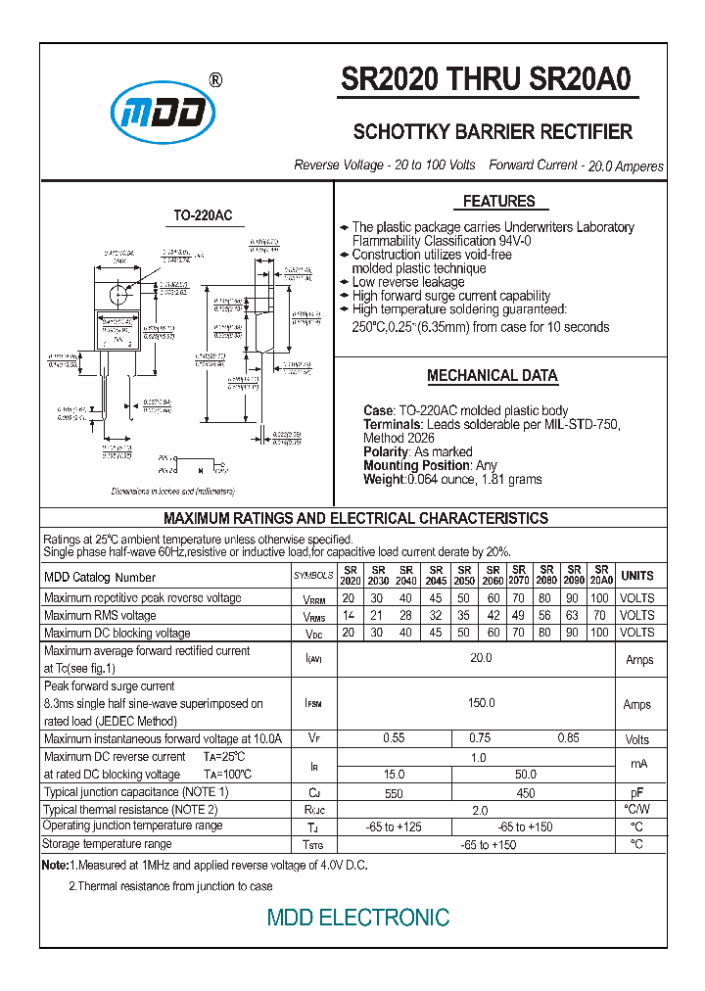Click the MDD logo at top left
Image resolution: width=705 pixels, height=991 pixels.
click(x=163, y=113)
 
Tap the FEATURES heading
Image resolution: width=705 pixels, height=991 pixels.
click(x=498, y=202)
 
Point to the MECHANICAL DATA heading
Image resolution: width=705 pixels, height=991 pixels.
click(x=492, y=376)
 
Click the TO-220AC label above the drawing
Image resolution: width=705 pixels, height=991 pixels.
click(x=203, y=215)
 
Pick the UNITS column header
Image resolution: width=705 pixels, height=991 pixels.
click(x=637, y=576)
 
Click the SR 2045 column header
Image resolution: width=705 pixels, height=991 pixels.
click(x=436, y=576)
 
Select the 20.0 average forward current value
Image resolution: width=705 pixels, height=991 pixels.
click(x=481, y=659)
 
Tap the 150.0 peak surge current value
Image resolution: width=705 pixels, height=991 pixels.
click(x=481, y=704)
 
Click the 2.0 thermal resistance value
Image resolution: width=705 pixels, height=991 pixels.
click(x=481, y=811)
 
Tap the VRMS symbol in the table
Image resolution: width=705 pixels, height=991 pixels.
click(x=313, y=617)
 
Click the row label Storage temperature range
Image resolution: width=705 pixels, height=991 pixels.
click(x=108, y=844)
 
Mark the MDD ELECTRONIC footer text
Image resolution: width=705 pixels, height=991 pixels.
click(x=358, y=918)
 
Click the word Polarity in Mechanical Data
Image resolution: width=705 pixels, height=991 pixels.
click(x=385, y=452)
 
